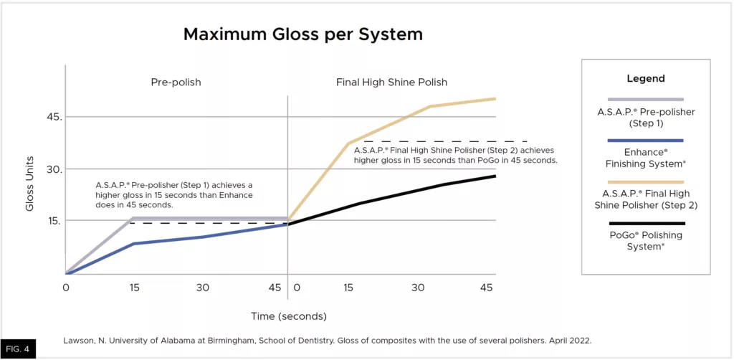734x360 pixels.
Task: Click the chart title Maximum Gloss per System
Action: pyautogui.click(x=302, y=34)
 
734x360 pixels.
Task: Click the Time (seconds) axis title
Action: pyautogui.click(x=288, y=316)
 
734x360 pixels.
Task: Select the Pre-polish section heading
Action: pyautogui.click(x=176, y=82)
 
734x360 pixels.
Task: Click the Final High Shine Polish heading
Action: pyautogui.click(x=391, y=82)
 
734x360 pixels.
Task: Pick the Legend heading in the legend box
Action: pyautogui.click(x=646, y=79)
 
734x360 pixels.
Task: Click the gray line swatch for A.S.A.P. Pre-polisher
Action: pyautogui.click(x=646, y=99)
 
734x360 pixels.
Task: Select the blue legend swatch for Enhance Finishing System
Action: pyautogui.click(x=646, y=141)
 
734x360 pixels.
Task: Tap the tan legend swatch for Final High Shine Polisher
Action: pyautogui.click(x=646, y=182)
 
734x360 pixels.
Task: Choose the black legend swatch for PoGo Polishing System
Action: pyautogui.click(x=646, y=223)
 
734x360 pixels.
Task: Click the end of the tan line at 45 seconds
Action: pyautogui.click(x=495, y=99)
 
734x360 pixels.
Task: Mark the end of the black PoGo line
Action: pyautogui.click(x=495, y=176)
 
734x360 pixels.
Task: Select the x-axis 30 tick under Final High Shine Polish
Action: pyautogui.click(x=418, y=288)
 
